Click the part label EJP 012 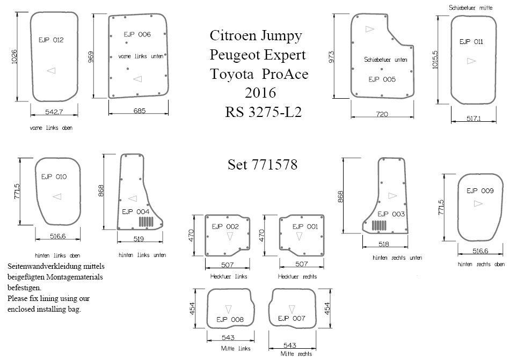tap(51, 40)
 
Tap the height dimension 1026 tap(14, 57)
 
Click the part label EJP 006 tap(137, 34)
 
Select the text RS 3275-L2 tap(263, 113)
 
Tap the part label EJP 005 tap(382, 79)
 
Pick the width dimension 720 tap(382, 114)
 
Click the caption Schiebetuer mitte tap(477, 8)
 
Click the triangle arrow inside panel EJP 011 tap(471, 61)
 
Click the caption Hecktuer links tap(229, 277)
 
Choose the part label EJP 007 tap(292, 318)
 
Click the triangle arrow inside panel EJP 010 tap(57, 197)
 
